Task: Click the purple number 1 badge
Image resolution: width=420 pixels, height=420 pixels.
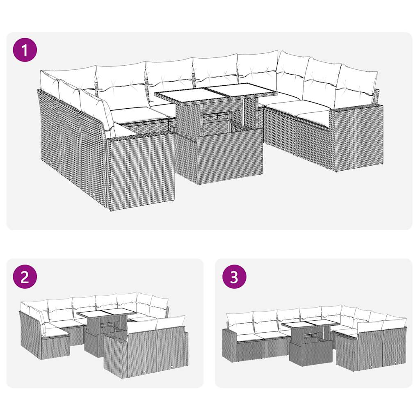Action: tap(25, 50)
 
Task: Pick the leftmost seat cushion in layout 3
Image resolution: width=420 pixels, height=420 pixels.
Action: tap(248, 337)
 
